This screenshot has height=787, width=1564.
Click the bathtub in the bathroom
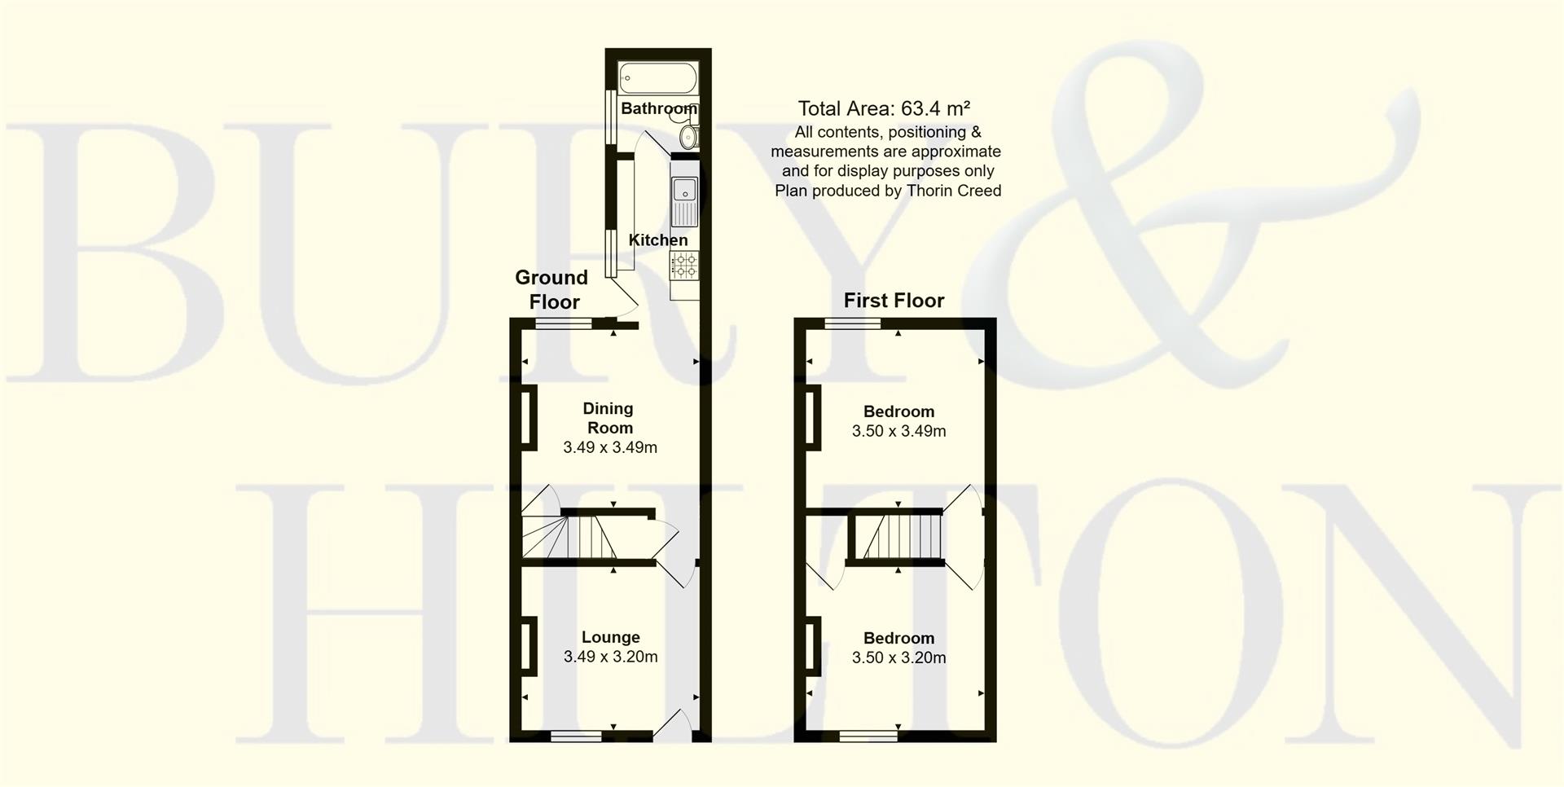(658, 79)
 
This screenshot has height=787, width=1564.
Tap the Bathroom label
(658, 108)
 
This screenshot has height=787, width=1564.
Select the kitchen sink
(684, 201)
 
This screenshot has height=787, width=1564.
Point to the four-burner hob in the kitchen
(684, 265)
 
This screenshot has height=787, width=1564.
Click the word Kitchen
(658, 240)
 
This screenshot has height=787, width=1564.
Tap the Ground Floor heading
(552, 289)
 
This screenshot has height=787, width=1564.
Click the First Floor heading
(894, 301)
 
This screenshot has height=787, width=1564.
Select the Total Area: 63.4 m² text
(884, 108)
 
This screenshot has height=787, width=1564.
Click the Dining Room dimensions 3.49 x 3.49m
(610, 447)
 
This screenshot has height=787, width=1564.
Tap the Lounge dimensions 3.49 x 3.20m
(610, 657)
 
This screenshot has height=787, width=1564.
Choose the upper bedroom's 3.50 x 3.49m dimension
(898, 431)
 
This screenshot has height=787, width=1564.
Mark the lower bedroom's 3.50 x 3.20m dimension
(898, 657)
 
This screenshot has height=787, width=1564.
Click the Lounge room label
(610, 637)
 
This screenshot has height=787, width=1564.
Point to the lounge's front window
(576, 736)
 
